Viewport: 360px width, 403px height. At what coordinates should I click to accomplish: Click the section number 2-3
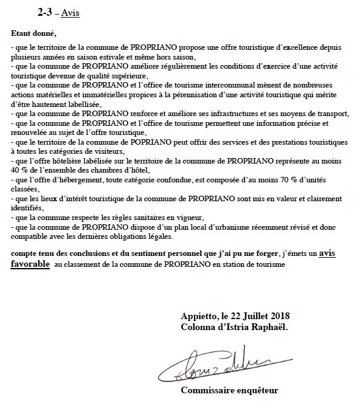[45, 12]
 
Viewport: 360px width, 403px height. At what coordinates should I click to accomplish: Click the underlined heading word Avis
[71, 13]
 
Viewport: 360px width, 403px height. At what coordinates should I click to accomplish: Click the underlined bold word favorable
[31, 264]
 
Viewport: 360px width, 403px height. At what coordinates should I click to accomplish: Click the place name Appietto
[198, 315]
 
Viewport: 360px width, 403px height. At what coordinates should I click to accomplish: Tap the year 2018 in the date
[279, 315]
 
